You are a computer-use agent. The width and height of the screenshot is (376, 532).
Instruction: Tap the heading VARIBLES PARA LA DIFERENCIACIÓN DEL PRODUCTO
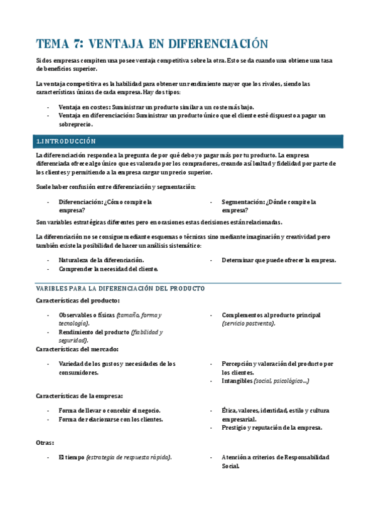(121, 288)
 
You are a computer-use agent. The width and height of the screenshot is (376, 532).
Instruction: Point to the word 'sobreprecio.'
(80, 125)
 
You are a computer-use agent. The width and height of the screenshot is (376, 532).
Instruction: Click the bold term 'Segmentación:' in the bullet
(243, 202)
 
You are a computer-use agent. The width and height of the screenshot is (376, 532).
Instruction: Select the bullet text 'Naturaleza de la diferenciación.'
(101, 260)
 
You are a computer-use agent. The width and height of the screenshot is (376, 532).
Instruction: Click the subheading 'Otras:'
(45, 443)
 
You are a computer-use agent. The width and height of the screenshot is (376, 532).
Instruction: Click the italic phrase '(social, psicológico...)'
(282, 381)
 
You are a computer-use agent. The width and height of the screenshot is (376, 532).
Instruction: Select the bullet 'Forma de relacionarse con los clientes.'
(110, 419)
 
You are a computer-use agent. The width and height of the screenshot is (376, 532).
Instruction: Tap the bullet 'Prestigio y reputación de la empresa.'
(272, 428)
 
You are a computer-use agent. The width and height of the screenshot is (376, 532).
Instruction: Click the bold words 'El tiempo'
(71, 457)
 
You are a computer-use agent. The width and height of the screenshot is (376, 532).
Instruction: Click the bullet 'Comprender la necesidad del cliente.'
(108, 269)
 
